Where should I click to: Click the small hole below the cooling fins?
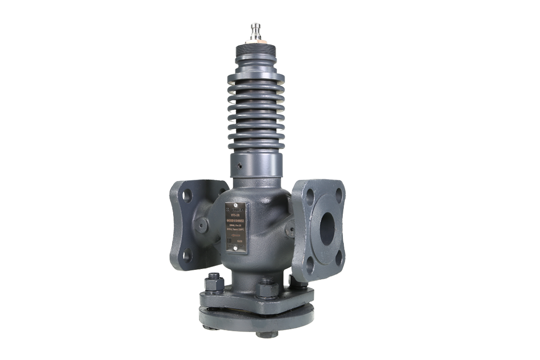pos(239,165)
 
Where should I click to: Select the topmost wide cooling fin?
pos(256,77)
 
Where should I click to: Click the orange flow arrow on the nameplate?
pos(236,236)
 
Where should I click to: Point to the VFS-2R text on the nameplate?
pos(236,215)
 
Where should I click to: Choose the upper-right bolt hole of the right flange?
pos(339,195)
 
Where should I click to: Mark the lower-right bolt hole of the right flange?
pos(339,258)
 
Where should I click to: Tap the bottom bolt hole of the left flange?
pos(187,254)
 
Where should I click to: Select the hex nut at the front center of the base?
pos(267,289)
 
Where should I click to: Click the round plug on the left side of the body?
pos(201,225)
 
